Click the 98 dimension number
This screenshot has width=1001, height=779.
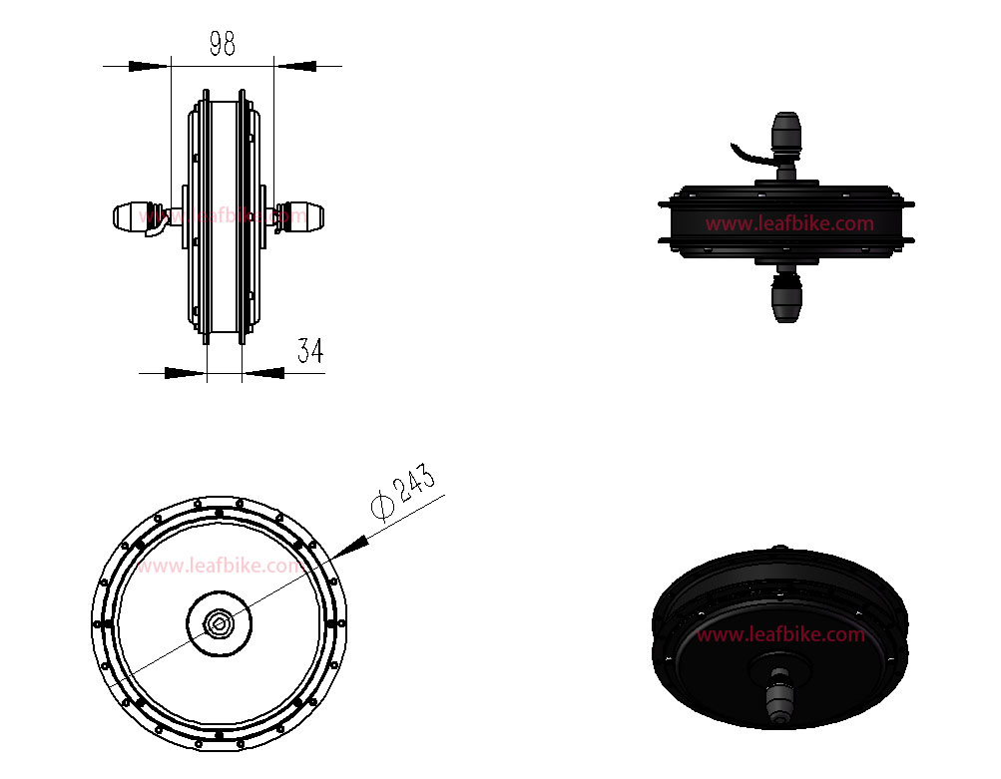(223, 43)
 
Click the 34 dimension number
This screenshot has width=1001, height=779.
(311, 351)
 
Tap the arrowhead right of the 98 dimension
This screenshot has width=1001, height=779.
(295, 66)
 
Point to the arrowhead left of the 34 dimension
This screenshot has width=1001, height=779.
(186, 373)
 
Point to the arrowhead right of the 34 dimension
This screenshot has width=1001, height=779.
(263, 373)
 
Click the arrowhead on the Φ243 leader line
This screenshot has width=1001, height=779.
(349, 547)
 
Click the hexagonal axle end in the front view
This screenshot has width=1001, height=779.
(219, 622)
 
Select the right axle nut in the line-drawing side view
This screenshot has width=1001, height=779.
(300, 216)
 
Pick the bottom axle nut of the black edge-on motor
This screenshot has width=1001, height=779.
(785, 296)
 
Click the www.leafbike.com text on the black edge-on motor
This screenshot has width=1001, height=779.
(789, 224)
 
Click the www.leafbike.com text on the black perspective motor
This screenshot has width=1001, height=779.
(780, 634)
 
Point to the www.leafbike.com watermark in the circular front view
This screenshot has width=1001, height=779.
(221, 567)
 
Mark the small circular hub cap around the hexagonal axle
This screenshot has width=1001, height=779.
(219, 623)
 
